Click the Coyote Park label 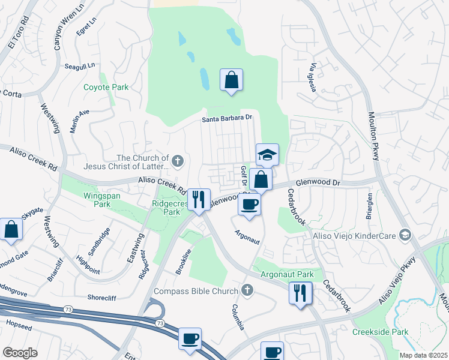click(106, 87)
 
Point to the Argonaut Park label click(287, 274)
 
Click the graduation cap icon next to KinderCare click(405, 235)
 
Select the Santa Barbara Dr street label click(226, 118)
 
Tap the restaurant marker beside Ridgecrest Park click(199, 199)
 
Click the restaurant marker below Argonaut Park click(300, 293)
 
